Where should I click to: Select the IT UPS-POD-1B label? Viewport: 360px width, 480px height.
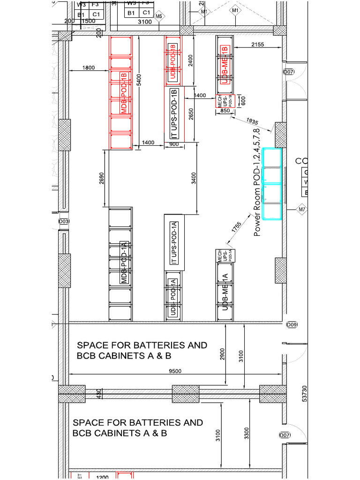click(x=174, y=114)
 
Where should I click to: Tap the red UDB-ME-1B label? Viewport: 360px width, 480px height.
click(x=225, y=65)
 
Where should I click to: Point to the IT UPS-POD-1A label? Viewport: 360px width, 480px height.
click(x=173, y=242)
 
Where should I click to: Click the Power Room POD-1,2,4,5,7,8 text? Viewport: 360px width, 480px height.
click(x=256, y=182)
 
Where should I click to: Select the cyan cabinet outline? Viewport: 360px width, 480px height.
click(x=272, y=183)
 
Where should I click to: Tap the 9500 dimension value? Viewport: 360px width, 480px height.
click(x=175, y=371)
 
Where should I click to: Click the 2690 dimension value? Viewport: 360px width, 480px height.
click(x=102, y=178)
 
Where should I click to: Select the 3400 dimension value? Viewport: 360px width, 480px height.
click(x=194, y=179)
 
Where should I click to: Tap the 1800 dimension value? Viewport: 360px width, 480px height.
click(x=89, y=68)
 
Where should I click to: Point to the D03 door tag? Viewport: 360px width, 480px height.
click(x=64, y=221)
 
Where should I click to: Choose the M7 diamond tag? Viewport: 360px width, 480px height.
click(x=301, y=210)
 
